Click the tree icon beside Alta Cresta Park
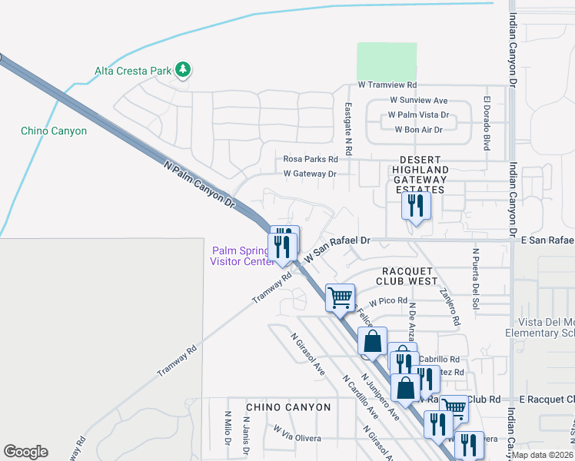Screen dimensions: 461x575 pos(182,71)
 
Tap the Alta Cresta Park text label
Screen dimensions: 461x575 pos(132,71)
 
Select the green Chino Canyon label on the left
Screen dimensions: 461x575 pos(54,131)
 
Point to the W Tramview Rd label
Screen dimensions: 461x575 pos(387,85)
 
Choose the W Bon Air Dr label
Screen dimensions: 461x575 pos(419,130)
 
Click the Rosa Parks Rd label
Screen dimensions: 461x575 pos(311,159)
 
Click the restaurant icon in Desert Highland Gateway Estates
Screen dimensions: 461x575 pos(416,206)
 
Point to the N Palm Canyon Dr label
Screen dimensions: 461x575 pos(198,184)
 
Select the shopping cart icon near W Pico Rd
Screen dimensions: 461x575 pos(340,297)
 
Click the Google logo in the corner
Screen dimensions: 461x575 pos(25,452)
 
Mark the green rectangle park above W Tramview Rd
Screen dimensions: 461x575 pos(387,61)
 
